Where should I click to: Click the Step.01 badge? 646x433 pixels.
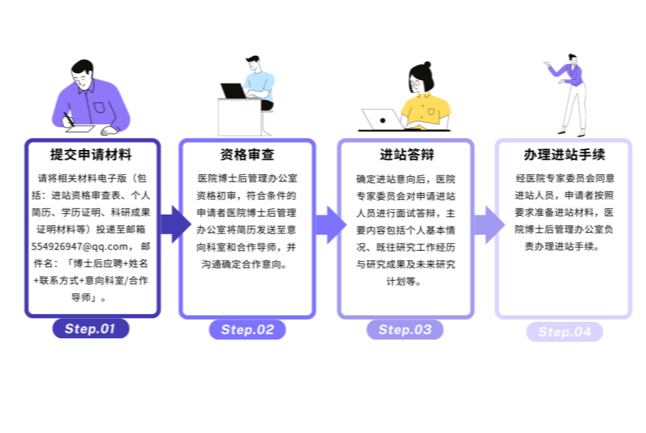click(x=91, y=328)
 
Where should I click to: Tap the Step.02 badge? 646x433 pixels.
click(x=247, y=329)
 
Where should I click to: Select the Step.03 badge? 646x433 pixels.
click(x=405, y=329)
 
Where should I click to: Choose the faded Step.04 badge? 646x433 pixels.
click(x=565, y=331)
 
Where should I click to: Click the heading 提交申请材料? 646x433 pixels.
click(x=91, y=155)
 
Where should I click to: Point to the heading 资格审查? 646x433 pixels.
click(x=247, y=155)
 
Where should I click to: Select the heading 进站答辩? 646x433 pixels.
click(x=407, y=155)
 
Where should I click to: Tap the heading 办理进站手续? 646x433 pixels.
click(x=565, y=155)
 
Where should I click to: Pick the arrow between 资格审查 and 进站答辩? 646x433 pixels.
click(x=331, y=225)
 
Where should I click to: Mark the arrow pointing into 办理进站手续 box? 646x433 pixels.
click(x=489, y=225)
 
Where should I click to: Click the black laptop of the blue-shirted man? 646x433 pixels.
click(x=233, y=91)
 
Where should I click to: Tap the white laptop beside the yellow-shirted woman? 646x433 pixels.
click(x=382, y=120)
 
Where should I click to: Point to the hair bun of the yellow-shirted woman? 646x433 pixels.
click(x=428, y=65)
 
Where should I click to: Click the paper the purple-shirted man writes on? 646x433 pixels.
click(x=81, y=129)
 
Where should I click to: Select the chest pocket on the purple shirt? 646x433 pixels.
click(x=99, y=107)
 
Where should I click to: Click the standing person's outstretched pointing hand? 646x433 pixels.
click(x=547, y=64)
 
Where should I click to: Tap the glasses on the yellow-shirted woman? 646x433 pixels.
click(x=415, y=84)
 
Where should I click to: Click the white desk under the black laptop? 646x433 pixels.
click(x=239, y=117)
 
